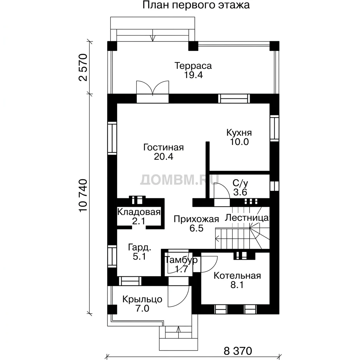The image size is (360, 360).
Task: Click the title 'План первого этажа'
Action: pyautogui.click(x=196, y=5)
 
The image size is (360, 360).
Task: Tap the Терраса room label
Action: pyautogui.click(x=193, y=66)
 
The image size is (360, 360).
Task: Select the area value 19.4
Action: pyautogui.click(x=194, y=75)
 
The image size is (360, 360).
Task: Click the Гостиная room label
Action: pyautogui.click(x=163, y=147)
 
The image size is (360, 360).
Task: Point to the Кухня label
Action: pyautogui.click(x=239, y=133)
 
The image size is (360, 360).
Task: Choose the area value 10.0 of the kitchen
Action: pyautogui.click(x=239, y=142)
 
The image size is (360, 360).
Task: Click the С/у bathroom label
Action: pyautogui.click(x=240, y=183)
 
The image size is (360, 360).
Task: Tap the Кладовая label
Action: pyautogui.click(x=139, y=212)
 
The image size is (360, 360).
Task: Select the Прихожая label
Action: pyautogui.click(x=196, y=219)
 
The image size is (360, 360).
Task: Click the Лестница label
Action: pyautogui.click(x=247, y=218)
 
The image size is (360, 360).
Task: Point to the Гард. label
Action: pyautogui.click(x=140, y=247)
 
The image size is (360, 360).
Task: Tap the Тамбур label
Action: pyautogui.click(x=181, y=260)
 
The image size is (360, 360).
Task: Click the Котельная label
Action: pyautogui.click(x=237, y=276)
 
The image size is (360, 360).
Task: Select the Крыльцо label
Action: pyautogui.click(x=142, y=300)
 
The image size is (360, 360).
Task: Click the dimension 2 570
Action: pyautogui.click(x=83, y=67)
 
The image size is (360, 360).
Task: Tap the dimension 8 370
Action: pyautogui.click(x=238, y=351)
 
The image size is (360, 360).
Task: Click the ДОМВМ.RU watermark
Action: pyautogui.click(x=180, y=180)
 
